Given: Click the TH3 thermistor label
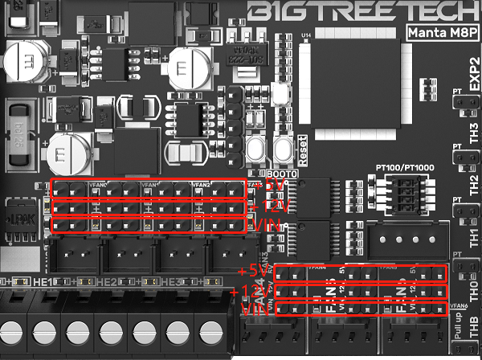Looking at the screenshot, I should pyautogui.click(x=474, y=130).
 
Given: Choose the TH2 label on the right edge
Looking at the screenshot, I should pyautogui.click(x=474, y=182).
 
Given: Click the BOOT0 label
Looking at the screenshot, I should pyautogui.click(x=282, y=174).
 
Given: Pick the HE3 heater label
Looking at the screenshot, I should pyautogui.click(x=168, y=284).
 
